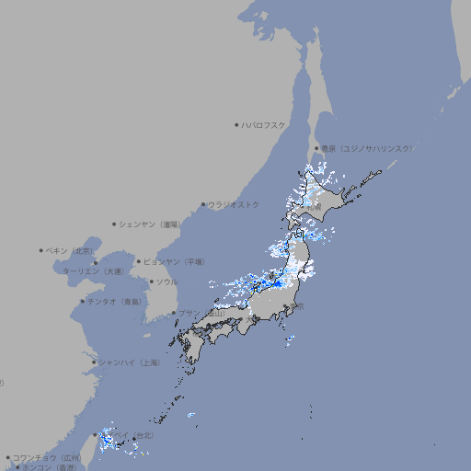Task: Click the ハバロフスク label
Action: coord(264,124)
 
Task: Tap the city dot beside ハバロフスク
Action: coord(236,124)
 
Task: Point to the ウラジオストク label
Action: coord(234,204)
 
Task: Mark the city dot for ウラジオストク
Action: coord(203,204)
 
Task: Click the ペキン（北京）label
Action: coord(72,250)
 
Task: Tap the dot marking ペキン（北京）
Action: coord(41,250)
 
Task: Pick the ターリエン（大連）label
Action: coord(93,271)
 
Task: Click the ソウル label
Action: coord(167,281)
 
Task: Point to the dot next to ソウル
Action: coord(151,281)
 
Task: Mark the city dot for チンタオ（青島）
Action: coord(82,301)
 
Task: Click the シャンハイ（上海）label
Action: coord(129,362)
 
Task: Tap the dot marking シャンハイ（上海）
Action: coord(94,362)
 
